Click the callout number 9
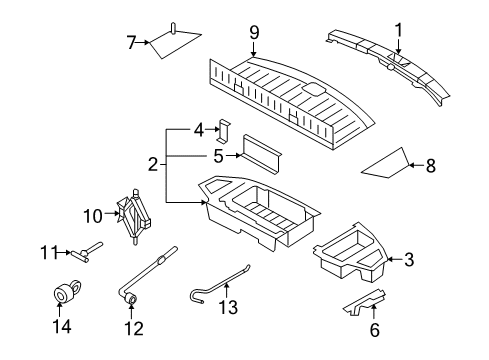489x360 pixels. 254,33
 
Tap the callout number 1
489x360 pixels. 398,30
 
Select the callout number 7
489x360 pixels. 131,43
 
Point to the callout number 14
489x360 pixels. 62,326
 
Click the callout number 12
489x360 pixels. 134,328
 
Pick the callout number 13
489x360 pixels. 228,307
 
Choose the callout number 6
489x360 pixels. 375,330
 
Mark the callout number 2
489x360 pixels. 153,164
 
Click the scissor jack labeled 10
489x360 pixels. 134,216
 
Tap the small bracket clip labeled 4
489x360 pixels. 224,131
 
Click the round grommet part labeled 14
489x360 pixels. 66,291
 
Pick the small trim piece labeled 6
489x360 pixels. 365,302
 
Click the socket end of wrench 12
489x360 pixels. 131,298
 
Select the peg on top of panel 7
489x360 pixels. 173,28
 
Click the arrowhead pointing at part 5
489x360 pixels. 238,155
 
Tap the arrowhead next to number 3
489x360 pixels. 390,259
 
